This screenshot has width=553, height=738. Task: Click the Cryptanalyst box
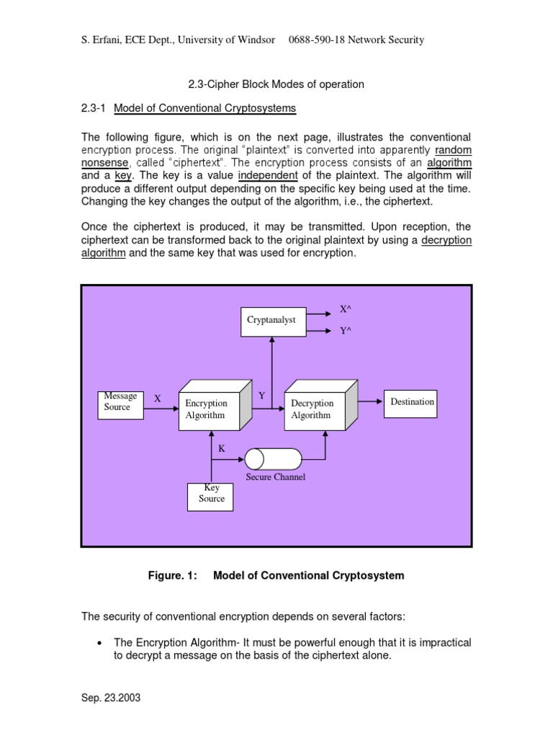[x=273, y=321]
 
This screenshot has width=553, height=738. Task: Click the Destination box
[x=412, y=402]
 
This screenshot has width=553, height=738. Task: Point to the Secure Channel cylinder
[x=273, y=458]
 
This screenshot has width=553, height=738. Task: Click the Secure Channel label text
[x=275, y=477]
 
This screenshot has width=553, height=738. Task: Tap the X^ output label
[x=346, y=308]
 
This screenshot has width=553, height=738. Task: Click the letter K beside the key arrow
[x=222, y=448]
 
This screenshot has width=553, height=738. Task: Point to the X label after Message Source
[x=158, y=399]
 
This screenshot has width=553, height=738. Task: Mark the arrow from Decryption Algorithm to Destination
[x=370, y=401]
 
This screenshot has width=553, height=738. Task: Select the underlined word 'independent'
[x=267, y=175]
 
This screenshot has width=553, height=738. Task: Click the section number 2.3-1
[x=93, y=108]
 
